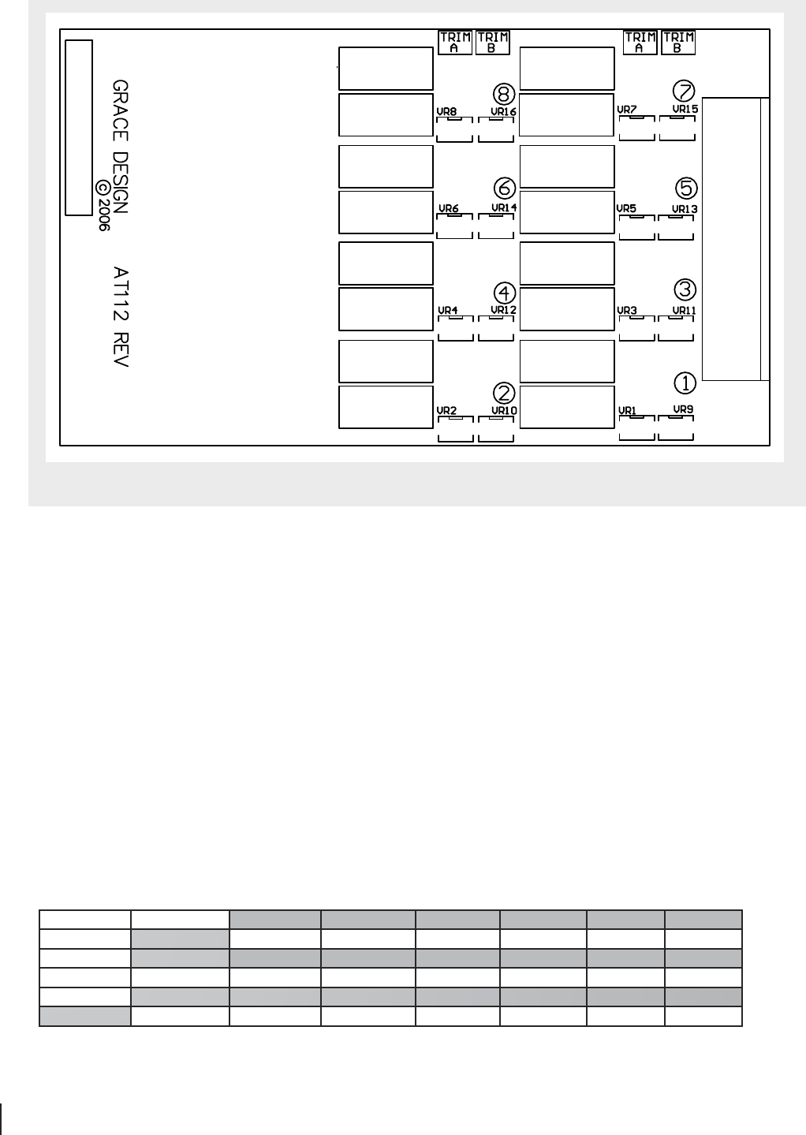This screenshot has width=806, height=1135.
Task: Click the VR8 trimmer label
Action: click(447, 111)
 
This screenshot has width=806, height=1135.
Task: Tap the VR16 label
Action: click(504, 111)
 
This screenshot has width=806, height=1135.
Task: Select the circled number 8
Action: click(504, 94)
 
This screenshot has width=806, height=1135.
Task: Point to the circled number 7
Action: click(684, 91)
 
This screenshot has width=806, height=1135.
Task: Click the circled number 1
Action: click(685, 383)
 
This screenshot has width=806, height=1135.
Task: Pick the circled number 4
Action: click(505, 293)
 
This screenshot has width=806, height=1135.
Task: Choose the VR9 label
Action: click(684, 409)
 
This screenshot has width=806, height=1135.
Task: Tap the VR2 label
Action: click(447, 410)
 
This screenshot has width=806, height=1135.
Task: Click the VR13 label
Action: click(685, 209)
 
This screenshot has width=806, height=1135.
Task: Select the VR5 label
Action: click(626, 208)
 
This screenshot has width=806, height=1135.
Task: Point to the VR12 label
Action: click(504, 310)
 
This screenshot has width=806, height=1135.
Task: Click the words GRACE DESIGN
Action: click(120, 147)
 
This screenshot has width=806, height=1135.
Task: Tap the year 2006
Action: click(103, 215)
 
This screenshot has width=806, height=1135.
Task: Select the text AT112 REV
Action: click(121, 317)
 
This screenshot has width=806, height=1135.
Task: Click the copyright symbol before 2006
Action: click(103, 188)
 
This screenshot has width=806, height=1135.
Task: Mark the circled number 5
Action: click(686, 188)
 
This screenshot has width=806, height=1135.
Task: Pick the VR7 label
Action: click(627, 110)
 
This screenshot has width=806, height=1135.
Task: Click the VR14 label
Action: click(504, 207)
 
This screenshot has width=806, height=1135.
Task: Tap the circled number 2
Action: click(504, 394)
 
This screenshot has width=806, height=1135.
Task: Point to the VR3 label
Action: click(627, 310)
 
